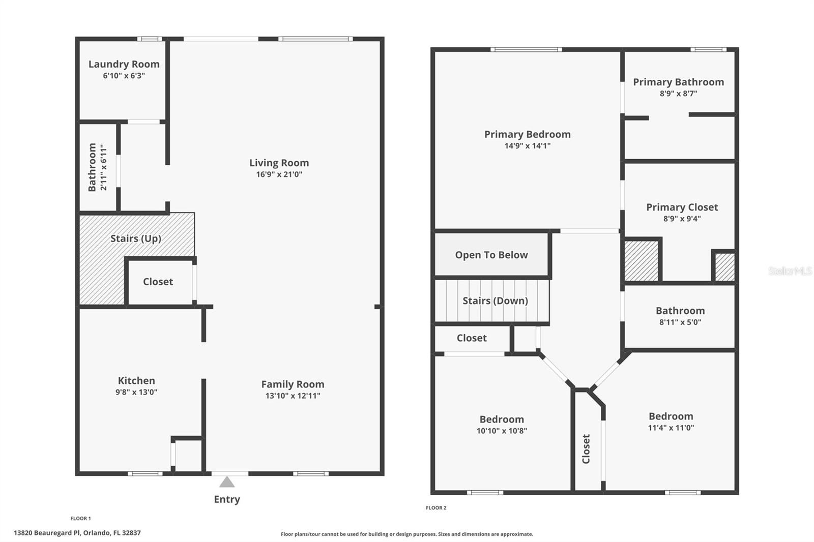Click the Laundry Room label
point(124,64)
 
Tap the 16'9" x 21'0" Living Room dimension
point(279,174)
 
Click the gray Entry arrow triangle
point(227,481)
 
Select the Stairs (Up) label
point(135,238)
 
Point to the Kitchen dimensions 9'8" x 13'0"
point(136,392)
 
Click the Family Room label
point(293,384)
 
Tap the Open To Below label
point(491,255)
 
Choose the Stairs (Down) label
point(495,300)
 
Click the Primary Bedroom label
point(527,134)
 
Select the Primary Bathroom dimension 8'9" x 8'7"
point(678,94)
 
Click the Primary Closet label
point(682,207)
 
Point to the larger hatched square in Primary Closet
point(641,260)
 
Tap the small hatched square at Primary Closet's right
point(724,266)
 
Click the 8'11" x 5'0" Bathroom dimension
point(680,322)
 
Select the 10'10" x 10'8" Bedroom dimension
point(501,431)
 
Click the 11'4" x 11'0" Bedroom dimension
point(671,428)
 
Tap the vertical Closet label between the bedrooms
point(586,448)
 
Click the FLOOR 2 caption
point(436,507)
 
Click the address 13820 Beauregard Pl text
point(77,533)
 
